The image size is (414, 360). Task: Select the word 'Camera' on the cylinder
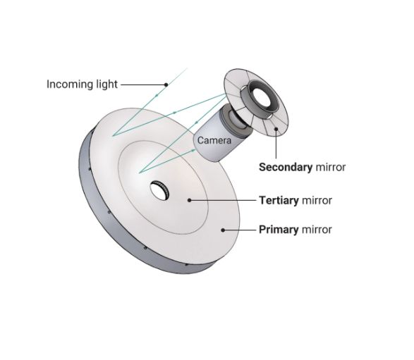point(214,140)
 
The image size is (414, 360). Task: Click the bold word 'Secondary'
point(286,167)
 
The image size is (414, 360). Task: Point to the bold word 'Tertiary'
point(279,201)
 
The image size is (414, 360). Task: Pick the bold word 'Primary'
point(279,230)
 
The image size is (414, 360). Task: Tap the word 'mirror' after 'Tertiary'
point(317,201)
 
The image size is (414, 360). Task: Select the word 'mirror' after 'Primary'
point(317,230)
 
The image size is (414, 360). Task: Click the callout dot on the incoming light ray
point(166,85)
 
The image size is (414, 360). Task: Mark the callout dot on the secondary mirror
point(276,129)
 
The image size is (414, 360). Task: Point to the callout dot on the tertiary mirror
point(189,201)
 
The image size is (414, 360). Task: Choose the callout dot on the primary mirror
point(223,230)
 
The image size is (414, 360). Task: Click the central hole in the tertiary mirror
point(159,190)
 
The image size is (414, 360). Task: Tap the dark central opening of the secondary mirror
point(262,98)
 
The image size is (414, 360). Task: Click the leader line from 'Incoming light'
point(142,85)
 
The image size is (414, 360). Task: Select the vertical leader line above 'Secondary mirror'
point(276,144)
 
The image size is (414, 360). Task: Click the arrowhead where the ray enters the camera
point(194,150)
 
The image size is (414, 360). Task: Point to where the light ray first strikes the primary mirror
point(113,135)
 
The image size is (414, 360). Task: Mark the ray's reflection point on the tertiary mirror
point(140,173)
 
